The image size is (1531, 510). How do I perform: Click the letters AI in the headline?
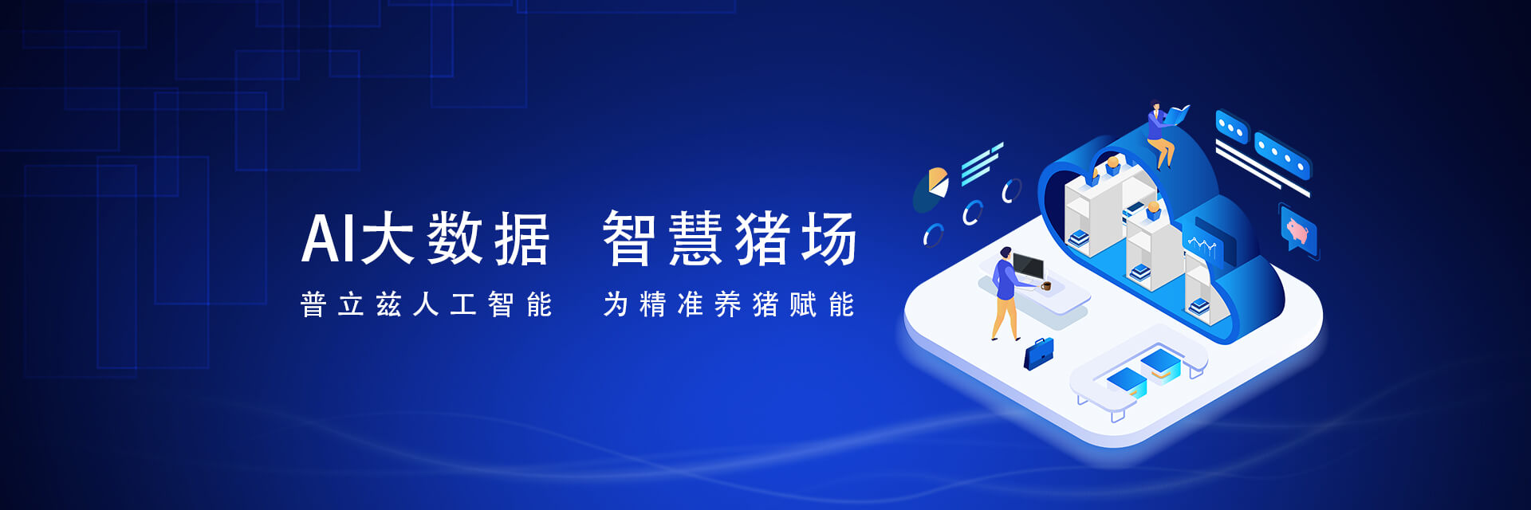pyautogui.click(x=329, y=238)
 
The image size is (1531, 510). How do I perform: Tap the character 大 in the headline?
pyautogui.click(x=388, y=237)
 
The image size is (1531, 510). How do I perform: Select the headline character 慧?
pyautogui.click(x=696, y=237)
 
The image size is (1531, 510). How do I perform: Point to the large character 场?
pyautogui.click(x=829, y=237)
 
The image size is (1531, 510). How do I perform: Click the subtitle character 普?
pyautogui.click(x=313, y=304)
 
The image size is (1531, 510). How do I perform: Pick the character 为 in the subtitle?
pyautogui.click(x=616, y=304)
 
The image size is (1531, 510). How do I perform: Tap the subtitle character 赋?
pyautogui.click(x=803, y=304)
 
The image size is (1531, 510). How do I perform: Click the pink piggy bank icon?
pyautogui.click(x=1297, y=231)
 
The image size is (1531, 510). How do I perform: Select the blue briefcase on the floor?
pyautogui.click(x=1039, y=353)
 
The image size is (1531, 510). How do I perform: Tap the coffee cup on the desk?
pyautogui.click(x=1046, y=285)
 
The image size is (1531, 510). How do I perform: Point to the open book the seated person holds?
pyautogui.click(x=1176, y=115)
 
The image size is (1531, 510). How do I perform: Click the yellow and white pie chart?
pyautogui.click(x=938, y=182)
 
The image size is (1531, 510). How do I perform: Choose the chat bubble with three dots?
pyautogui.click(x=1232, y=127)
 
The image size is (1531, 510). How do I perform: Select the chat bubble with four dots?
pyautogui.click(x=1282, y=156)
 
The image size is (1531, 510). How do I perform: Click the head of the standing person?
pyautogui.click(x=1006, y=253)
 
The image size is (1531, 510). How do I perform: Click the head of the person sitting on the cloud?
pyautogui.click(x=1155, y=105)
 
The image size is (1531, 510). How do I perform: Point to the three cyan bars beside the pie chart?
pyautogui.click(x=982, y=163)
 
